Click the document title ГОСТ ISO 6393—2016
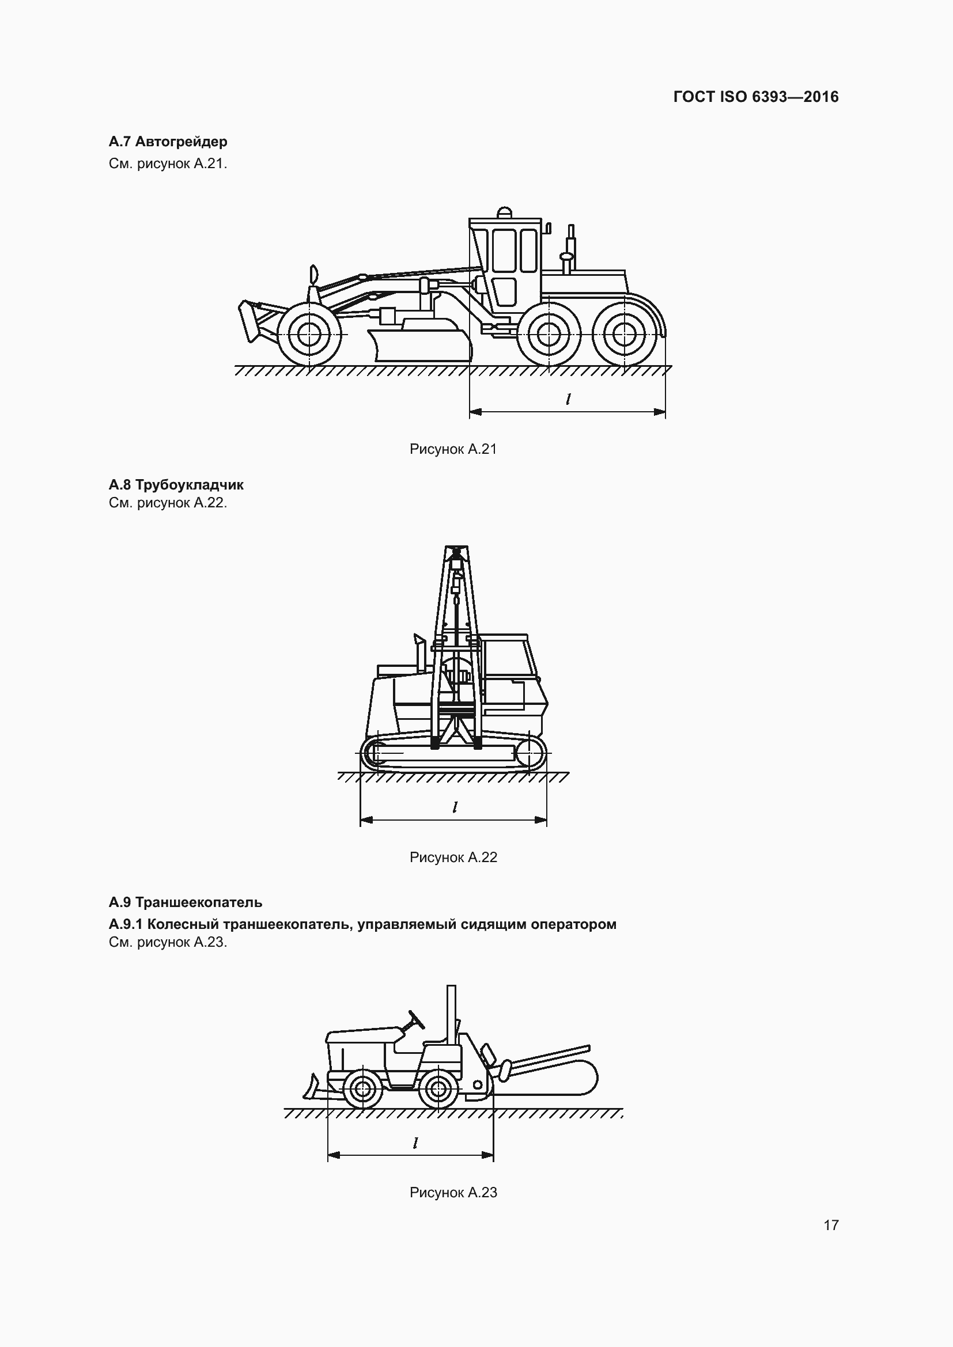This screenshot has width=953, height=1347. click(756, 97)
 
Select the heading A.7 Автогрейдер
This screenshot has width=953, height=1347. click(168, 142)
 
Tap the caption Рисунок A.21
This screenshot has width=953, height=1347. click(453, 449)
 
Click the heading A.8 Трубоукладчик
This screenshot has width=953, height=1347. click(176, 484)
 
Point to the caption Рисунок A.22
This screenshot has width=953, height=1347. click(453, 857)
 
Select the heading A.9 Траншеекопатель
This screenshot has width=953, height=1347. click(186, 902)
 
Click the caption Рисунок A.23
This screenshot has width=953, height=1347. click(453, 1192)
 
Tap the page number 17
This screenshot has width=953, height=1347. click(831, 1225)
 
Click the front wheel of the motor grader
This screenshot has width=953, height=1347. click(309, 335)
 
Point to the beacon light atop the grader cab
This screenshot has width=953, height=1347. click(504, 212)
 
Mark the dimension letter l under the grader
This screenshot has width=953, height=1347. click(568, 400)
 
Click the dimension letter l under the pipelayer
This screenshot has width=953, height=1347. click(455, 807)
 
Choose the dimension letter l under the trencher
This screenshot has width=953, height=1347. click(415, 1143)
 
